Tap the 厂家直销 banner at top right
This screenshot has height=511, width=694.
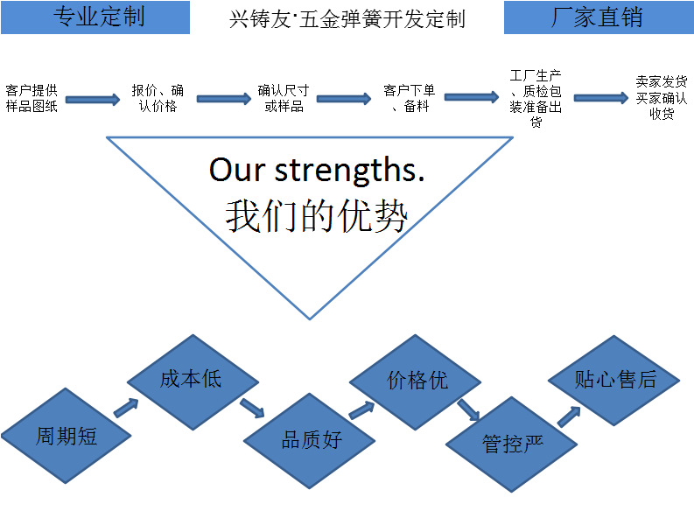click(599, 17)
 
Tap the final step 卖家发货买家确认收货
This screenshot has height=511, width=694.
click(662, 98)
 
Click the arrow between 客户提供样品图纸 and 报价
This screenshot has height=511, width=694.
click(93, 99)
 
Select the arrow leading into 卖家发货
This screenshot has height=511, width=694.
click(600, 98)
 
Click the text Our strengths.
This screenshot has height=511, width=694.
click(317, 170)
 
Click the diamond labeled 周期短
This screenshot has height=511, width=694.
click(66, 435)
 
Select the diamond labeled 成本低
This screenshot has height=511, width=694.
click(192, 379)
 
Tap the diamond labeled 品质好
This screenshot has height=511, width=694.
click(310, 439)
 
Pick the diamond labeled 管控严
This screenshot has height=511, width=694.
click(512, 443)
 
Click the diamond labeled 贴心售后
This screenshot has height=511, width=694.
click(614, 379)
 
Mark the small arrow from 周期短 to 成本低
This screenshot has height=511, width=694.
click(126, 408)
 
